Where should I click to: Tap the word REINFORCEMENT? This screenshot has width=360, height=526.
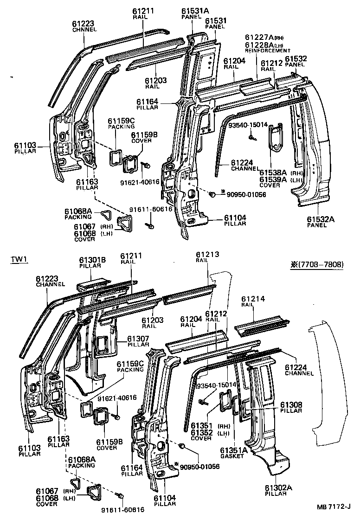tap(268, 51)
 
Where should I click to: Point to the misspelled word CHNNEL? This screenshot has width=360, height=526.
tap(84, 30)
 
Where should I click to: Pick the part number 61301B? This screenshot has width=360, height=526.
tap(92, 260)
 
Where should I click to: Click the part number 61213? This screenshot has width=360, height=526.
tap(207, 255)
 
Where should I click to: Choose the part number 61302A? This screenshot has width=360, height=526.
tap(279, 488)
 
